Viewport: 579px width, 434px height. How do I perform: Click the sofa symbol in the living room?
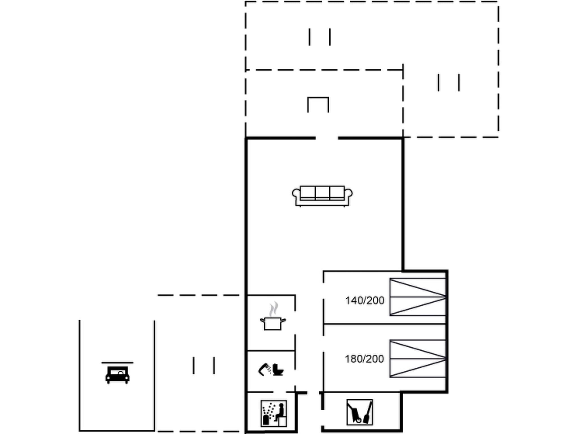322,196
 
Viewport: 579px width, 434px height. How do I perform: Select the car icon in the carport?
117,375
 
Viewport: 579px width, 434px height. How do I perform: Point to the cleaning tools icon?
360,412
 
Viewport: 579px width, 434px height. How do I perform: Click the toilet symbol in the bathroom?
278,370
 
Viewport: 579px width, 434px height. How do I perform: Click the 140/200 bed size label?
365,300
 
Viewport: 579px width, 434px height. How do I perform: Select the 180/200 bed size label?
364,359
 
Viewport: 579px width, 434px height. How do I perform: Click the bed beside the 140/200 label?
418,297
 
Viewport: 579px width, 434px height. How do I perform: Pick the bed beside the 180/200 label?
418,359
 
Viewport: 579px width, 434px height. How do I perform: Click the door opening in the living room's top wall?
327,138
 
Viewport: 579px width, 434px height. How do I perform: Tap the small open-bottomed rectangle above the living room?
318,104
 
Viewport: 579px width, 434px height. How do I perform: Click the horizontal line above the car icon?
117,363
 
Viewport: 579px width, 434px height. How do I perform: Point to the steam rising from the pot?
273,309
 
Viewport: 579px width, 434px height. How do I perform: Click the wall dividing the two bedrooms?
384,324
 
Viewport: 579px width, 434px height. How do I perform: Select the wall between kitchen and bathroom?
271,351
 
